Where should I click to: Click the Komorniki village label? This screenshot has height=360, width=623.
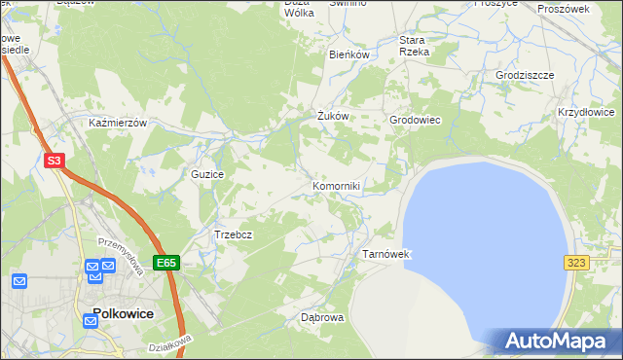pyautogui.click(x=337, y=186)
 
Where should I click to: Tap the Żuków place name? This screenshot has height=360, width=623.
pyautogui.click(x=332, y=116)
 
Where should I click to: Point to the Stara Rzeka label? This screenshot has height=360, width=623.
pyautogui.click(x=414, y=46)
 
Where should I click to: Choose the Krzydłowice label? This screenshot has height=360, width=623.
pyautogui.click(x=586, y=113)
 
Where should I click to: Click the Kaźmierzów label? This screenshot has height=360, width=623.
pyautogui.click(x=117, y=124)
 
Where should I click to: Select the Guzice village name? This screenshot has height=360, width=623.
pyautogui.click(x=208, y=174)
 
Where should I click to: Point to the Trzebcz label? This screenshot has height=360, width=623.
pyautogui.click(x=234, y=234)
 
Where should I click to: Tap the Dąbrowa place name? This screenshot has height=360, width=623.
pyautogui.click(x=322, y=317)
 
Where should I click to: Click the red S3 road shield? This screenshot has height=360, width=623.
pyautogui.click(x=55, y=162)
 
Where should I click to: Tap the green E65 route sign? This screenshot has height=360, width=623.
pyautogui.click(x=166, y=263)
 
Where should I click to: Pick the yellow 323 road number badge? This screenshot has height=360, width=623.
pyautogui.click(x=575, y=263)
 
